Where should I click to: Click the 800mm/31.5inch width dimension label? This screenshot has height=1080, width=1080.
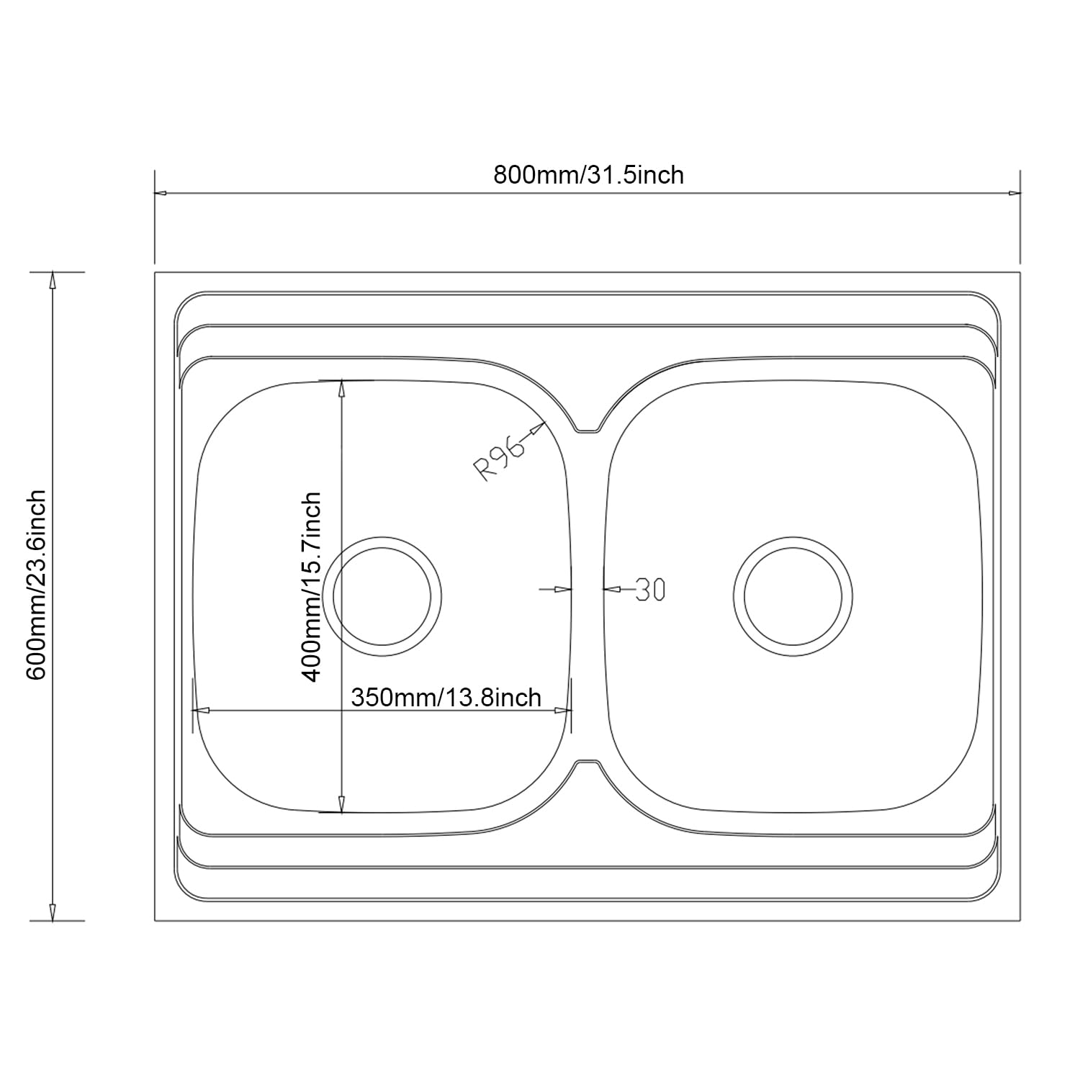pos(588,175)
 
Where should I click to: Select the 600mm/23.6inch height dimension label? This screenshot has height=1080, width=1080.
pos(36,585)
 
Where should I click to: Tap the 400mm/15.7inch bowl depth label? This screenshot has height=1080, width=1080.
pos(311,587)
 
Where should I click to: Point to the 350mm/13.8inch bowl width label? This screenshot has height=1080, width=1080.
pos(446,697)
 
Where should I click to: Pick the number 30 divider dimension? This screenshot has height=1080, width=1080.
pos(650,590)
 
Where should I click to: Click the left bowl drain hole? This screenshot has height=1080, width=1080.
pos(381,596)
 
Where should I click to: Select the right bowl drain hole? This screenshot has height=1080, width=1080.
pos(793,597)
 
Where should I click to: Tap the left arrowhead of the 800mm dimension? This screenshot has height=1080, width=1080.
pos(162,193)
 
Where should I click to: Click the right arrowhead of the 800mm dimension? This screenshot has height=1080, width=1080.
pos(1014,193)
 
